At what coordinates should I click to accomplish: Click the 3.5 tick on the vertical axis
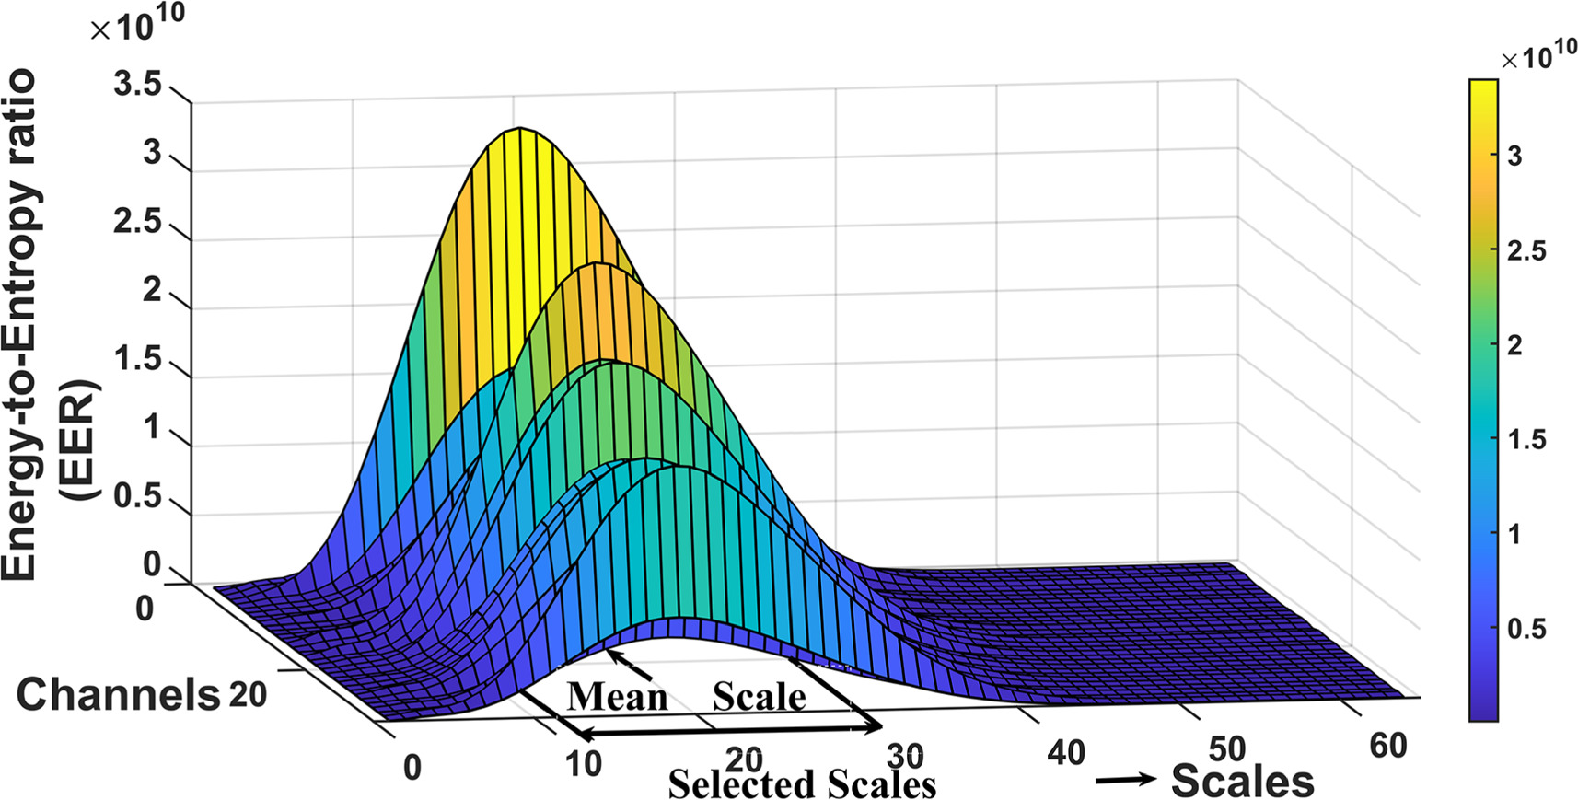(x=137, y=86)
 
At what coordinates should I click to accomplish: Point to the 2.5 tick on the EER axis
(x=137, y=222)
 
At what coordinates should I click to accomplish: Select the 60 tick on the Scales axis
(x=1387, y=745)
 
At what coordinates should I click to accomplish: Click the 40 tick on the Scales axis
(x=1066, y=753)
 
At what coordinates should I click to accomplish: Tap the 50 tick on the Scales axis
(x=1226, y=748)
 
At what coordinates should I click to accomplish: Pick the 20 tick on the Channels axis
(x=247, y=694)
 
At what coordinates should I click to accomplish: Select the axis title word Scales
(x=1242, y=782)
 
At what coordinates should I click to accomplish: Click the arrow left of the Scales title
(x=1125, y=780)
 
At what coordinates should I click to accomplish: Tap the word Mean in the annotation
(x=617, y=697)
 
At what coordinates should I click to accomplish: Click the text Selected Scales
(x=801, y=784)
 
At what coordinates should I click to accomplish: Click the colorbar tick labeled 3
(x=1514, y=156)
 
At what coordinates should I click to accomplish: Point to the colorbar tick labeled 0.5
(x=1526, y=629)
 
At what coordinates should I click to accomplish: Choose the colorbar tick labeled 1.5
(x=1526, y=439)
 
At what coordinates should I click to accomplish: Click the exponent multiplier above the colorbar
(x=1537, y=58)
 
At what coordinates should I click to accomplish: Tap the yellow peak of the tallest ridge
(x=520, y=133)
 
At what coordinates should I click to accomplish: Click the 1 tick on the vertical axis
(x=152, y=428)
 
